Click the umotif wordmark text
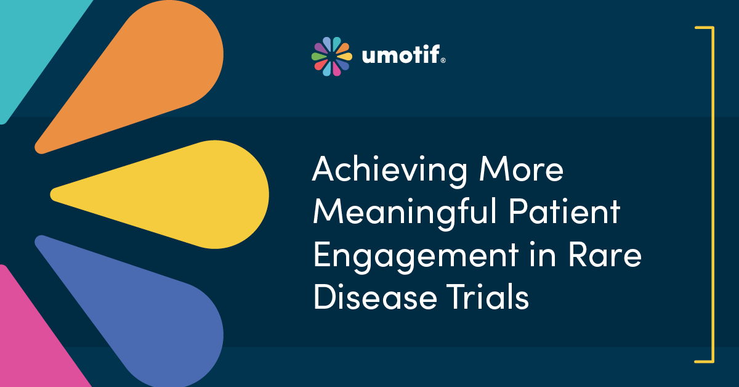coord(401,56)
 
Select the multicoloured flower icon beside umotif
coord(331,56)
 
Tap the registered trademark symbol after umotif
coord(443,61)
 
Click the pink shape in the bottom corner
coord(31,345)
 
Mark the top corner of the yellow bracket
coord(713,28)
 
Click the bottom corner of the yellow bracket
coord(713,361)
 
